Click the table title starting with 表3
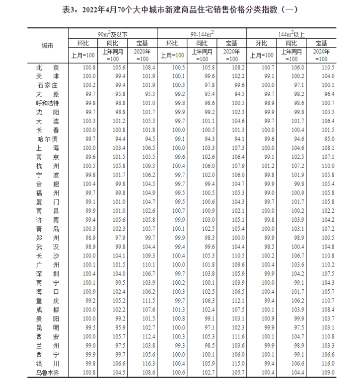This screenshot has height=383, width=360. pyautogui.click(x=180, y=8)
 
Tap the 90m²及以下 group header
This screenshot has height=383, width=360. pyautogui.click(x=112, y=34)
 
